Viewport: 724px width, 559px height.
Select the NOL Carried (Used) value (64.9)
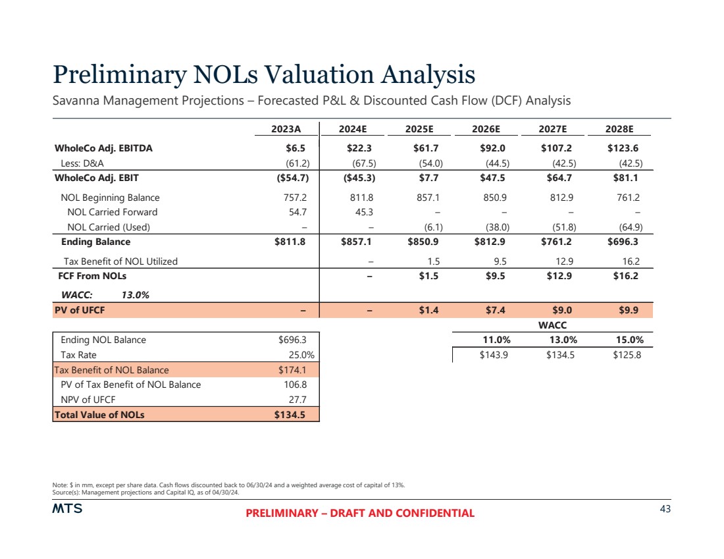click(x=627, y=227)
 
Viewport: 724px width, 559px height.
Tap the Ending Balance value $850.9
click(x=427, y=242)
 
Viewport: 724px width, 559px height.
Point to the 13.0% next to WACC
click(x=136, y=295)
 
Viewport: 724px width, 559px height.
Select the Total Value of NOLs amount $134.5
click(x=290, y=415)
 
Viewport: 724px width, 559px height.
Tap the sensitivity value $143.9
click(x=494, y=355)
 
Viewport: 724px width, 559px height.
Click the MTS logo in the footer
click(x=68, y=510)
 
